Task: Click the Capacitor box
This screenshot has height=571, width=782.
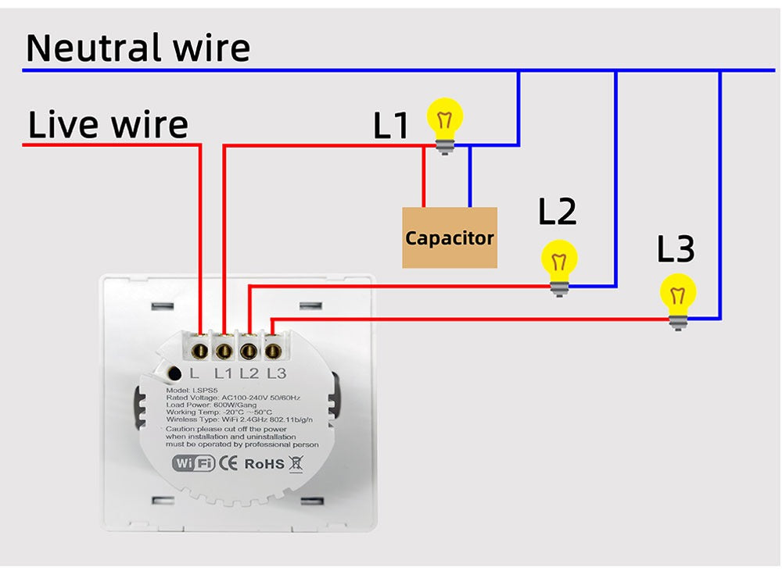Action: click(450, 237)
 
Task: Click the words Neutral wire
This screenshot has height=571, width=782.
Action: click(138, 48)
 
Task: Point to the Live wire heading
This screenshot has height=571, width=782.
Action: click(108, 125)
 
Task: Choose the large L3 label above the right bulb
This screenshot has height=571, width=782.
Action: click(676, 249)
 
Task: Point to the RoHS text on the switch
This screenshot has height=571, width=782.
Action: click(264, 463)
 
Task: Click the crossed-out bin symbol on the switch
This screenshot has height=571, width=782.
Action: click(296, 463)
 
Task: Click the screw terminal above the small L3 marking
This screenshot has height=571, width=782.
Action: click(274, 345)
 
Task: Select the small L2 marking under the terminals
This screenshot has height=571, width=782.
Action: click(249, 373)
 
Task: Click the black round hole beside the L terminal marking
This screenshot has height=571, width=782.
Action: click(174, 373)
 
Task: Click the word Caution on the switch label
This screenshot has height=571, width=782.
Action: click(181, 429)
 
